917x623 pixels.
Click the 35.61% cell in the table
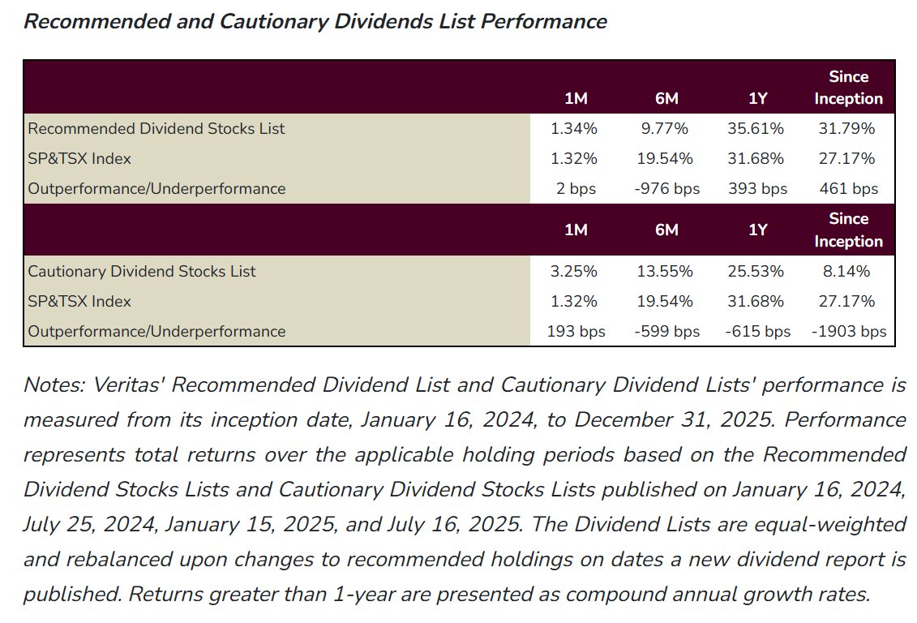(757, 128)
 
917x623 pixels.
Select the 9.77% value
(666, 128)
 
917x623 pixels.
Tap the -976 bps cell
(666, 189)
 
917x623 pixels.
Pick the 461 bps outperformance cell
(848, 189)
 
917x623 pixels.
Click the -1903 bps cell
(848, 332)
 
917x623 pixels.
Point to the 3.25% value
(575, 271)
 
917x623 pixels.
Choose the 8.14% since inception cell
(848, 271)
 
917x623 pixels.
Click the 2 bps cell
(575, 189)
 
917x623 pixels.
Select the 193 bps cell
(575, 332)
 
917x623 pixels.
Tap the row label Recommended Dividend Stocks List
(156, 128)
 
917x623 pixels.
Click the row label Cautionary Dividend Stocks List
(142, 271)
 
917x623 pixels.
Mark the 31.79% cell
(848, 128)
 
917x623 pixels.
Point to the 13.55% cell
(666, 271)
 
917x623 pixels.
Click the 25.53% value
(757, 271)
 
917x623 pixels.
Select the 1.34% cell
(575, 128)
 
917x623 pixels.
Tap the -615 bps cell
(757, 332)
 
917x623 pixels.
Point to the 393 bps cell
(757, 189)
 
